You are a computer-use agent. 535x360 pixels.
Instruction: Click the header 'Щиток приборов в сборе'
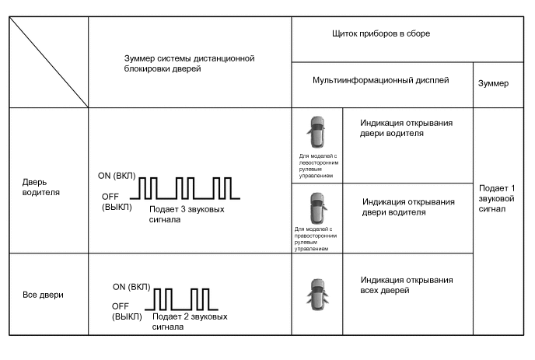point(380,34)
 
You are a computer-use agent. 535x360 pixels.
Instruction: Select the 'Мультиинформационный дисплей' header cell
point(380,80)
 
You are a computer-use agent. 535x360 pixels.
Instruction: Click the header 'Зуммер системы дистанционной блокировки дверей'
point(189,63)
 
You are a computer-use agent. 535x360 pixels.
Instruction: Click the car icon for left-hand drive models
point(316,133)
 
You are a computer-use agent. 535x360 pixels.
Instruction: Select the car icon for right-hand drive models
point(316,208)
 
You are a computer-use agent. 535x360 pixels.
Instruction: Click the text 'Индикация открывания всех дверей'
point(407,285)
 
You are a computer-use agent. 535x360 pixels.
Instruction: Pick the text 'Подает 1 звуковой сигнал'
point(495,197)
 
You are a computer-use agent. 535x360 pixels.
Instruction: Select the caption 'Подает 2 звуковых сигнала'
point(190,322)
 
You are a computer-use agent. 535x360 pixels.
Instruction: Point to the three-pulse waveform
point(185,187)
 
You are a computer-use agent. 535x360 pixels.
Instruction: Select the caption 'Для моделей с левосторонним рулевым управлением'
point(316,166)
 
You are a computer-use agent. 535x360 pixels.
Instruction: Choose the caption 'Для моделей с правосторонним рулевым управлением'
point(315,239)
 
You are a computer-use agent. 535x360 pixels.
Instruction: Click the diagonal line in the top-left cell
point(48,62)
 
